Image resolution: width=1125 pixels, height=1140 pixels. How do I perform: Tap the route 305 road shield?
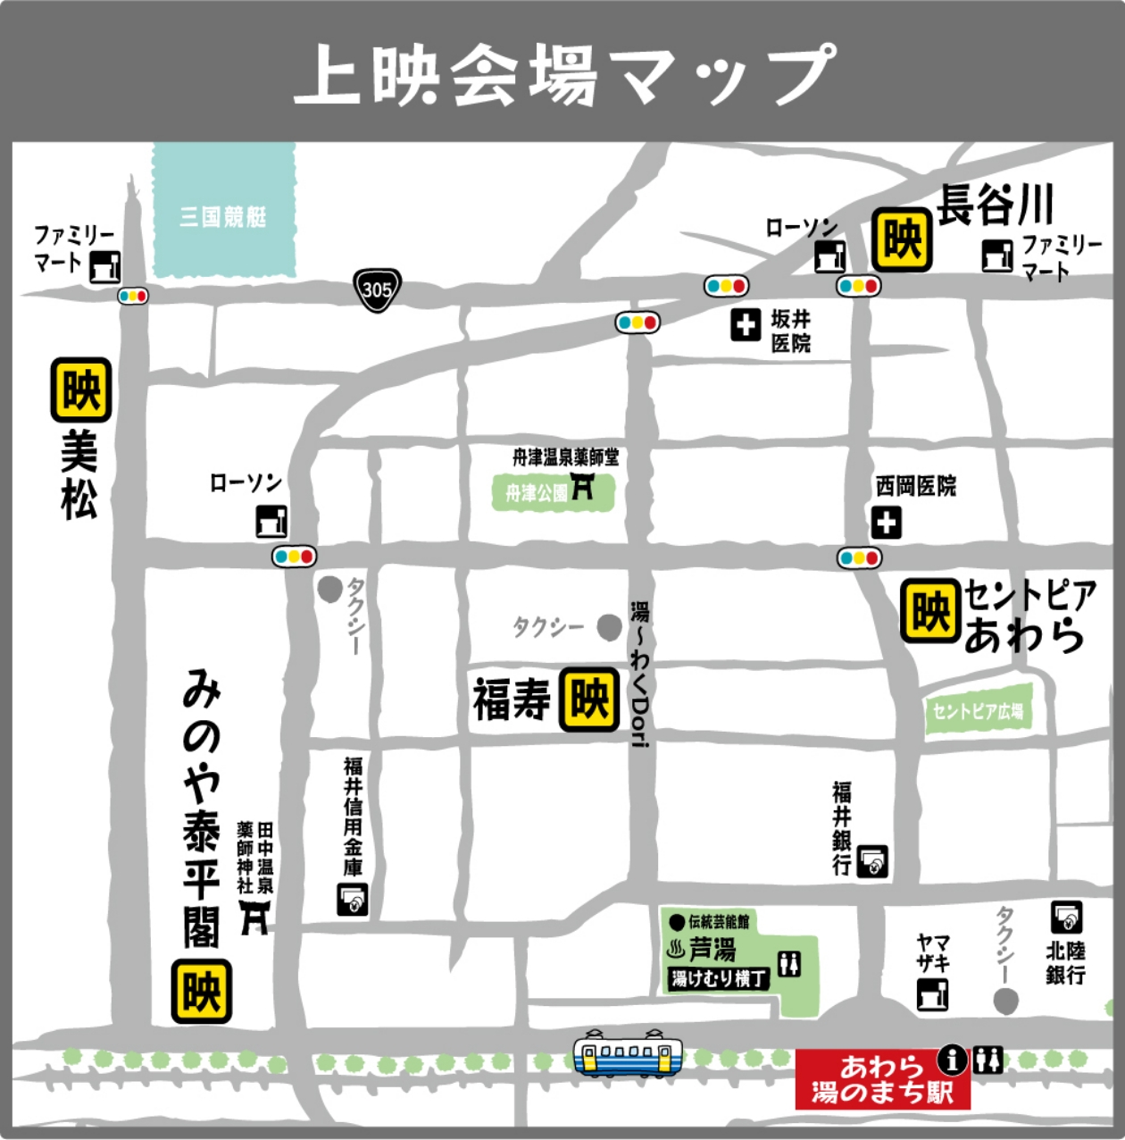(x=377, y=289)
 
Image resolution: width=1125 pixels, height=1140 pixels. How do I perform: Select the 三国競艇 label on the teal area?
(x=223, y=216)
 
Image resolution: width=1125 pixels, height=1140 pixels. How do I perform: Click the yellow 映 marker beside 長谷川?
(x=902, y=239)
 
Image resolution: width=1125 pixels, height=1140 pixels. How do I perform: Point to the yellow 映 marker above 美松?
(x=81, y=390)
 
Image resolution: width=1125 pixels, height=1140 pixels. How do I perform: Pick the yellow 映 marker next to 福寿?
(x=589, y=700)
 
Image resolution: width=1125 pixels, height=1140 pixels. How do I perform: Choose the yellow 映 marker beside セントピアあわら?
(x=930, y=612)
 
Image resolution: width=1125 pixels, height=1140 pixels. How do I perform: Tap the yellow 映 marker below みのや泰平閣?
(x=202, y=992)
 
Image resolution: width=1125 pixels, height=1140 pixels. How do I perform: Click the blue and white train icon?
(x=628, y=1054)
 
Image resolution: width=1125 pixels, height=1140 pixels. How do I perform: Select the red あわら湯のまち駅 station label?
(x=881, y=1079)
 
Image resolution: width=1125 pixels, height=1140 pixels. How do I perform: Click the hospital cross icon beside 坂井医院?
(x=746, y=325)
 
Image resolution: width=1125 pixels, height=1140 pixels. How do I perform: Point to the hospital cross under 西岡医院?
(x=887, y=523)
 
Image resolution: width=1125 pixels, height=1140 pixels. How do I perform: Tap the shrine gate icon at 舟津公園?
(x=582, y=488)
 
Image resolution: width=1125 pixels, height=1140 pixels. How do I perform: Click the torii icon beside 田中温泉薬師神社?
(x=254, y=917)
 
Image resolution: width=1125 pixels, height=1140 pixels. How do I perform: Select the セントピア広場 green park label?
(x=978, y=711)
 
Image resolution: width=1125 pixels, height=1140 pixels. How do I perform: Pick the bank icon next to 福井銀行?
(x=873, y=861)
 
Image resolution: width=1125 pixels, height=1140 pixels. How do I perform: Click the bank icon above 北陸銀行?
(x=1066, y=918)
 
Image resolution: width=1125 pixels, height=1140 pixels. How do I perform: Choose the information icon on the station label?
(x=953, y=1060)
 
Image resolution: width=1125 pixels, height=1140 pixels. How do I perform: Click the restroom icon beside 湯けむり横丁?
(x=789, y=963)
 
